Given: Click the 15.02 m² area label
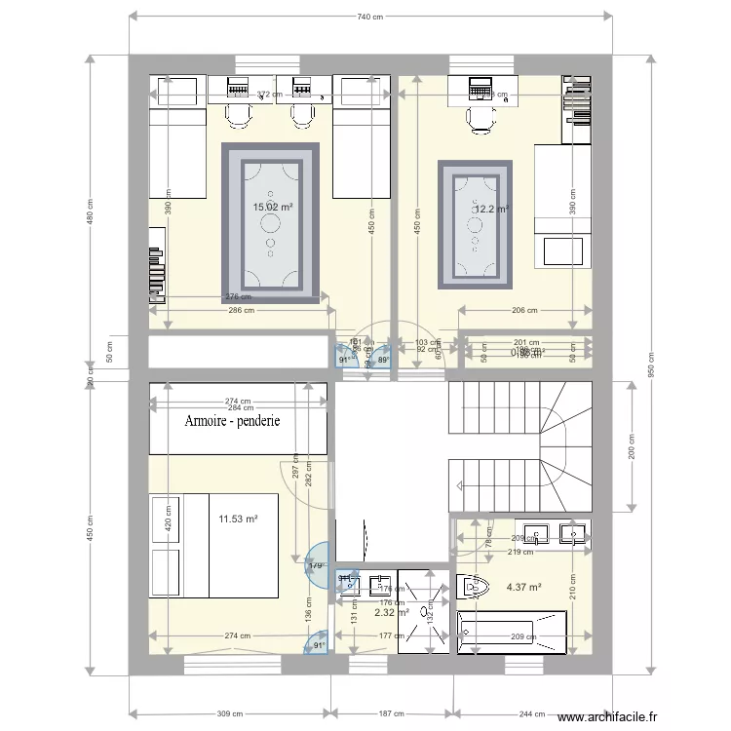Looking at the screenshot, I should (274, 208).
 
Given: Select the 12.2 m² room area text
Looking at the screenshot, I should (491, 209).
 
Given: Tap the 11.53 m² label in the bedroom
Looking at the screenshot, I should (238, 520).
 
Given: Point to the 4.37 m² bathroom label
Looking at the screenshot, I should (523, 587).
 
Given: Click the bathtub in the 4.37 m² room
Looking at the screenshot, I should (513, 635).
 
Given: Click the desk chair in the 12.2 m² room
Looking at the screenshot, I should (480, 118).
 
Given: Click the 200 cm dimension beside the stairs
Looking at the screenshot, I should (631, 446).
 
